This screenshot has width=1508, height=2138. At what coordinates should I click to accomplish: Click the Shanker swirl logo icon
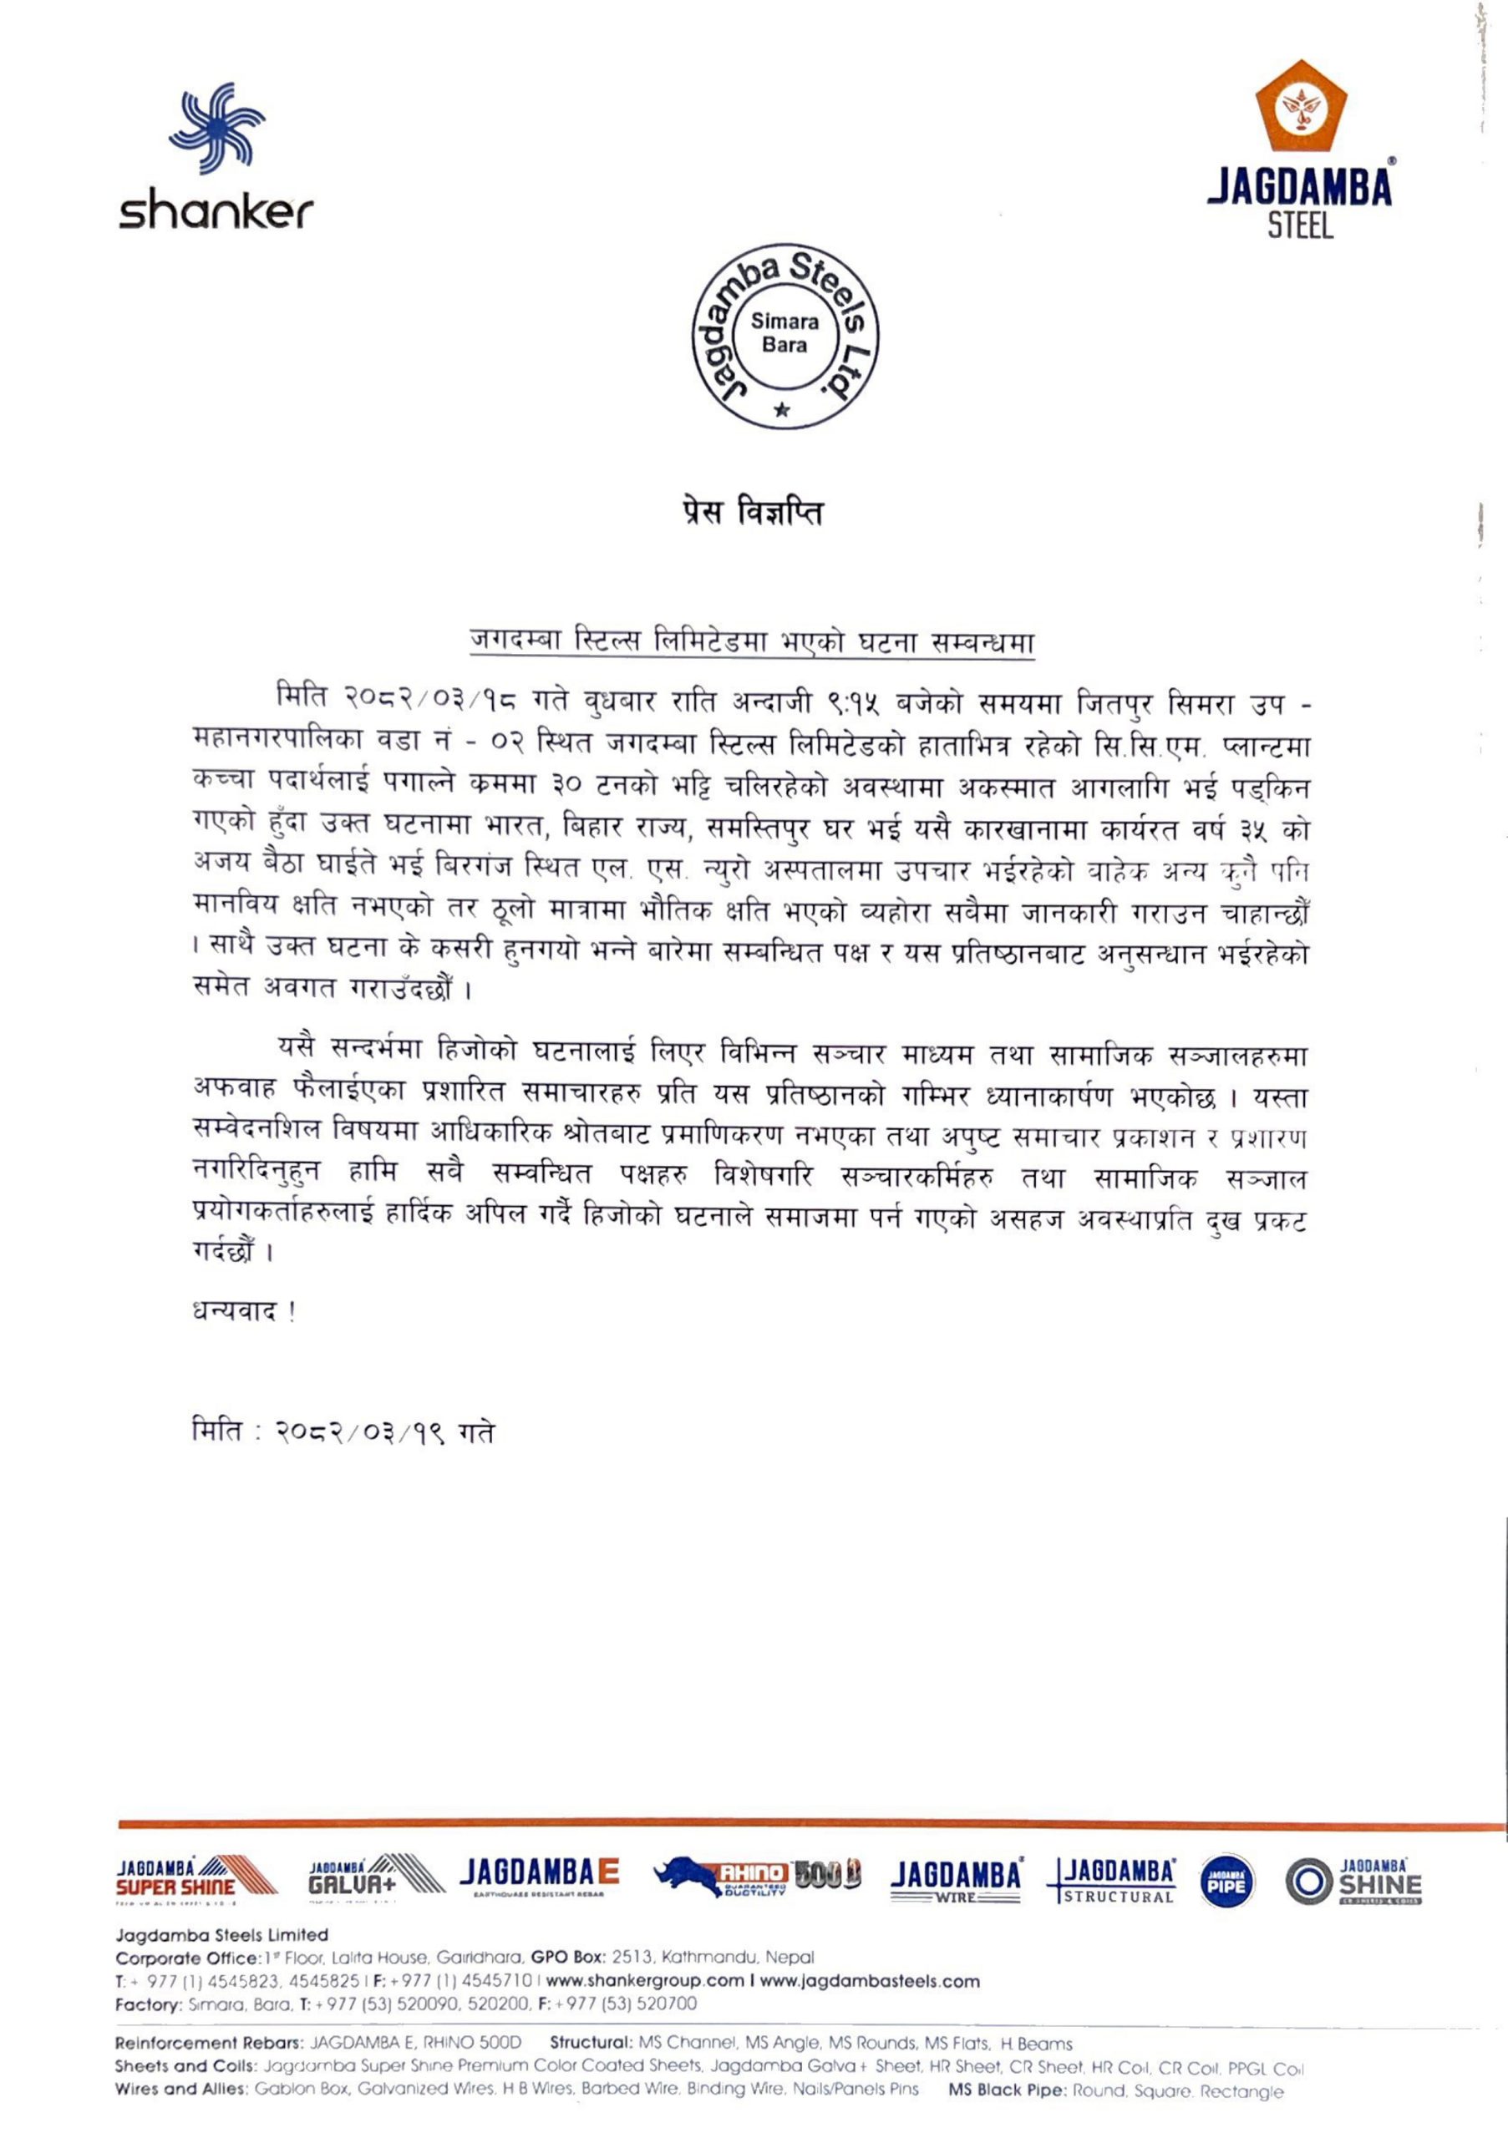click(217, 129)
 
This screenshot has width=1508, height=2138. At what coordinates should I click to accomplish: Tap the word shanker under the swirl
click(216, 212)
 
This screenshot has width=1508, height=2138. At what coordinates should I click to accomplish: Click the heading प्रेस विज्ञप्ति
click(753, 513)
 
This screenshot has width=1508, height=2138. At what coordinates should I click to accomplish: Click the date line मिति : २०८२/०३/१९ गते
click(343, 1432)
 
